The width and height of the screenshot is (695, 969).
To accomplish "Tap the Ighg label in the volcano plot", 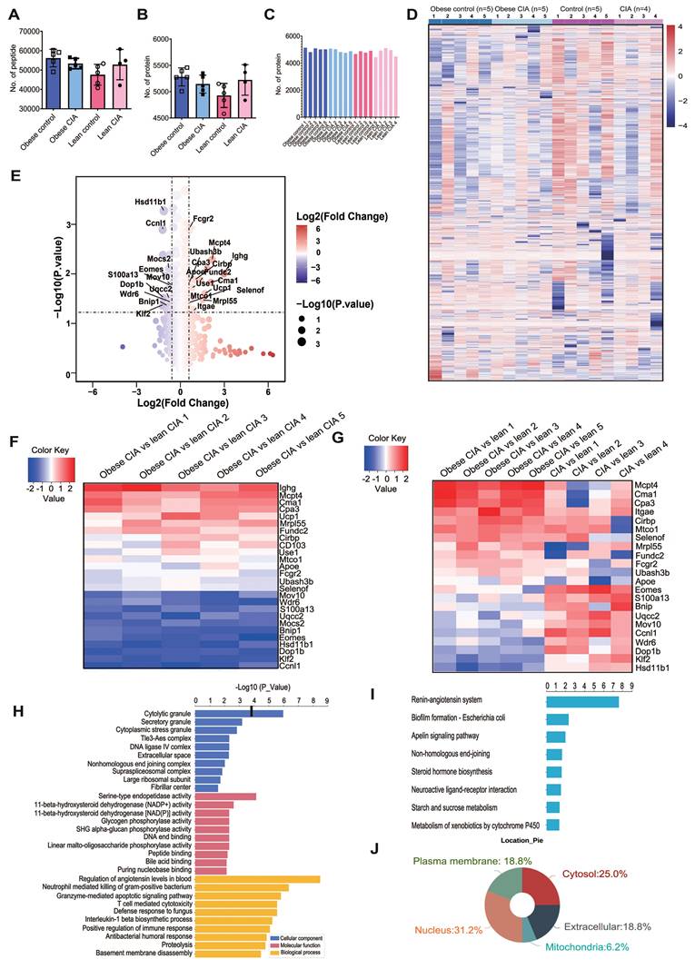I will (240, 256).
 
